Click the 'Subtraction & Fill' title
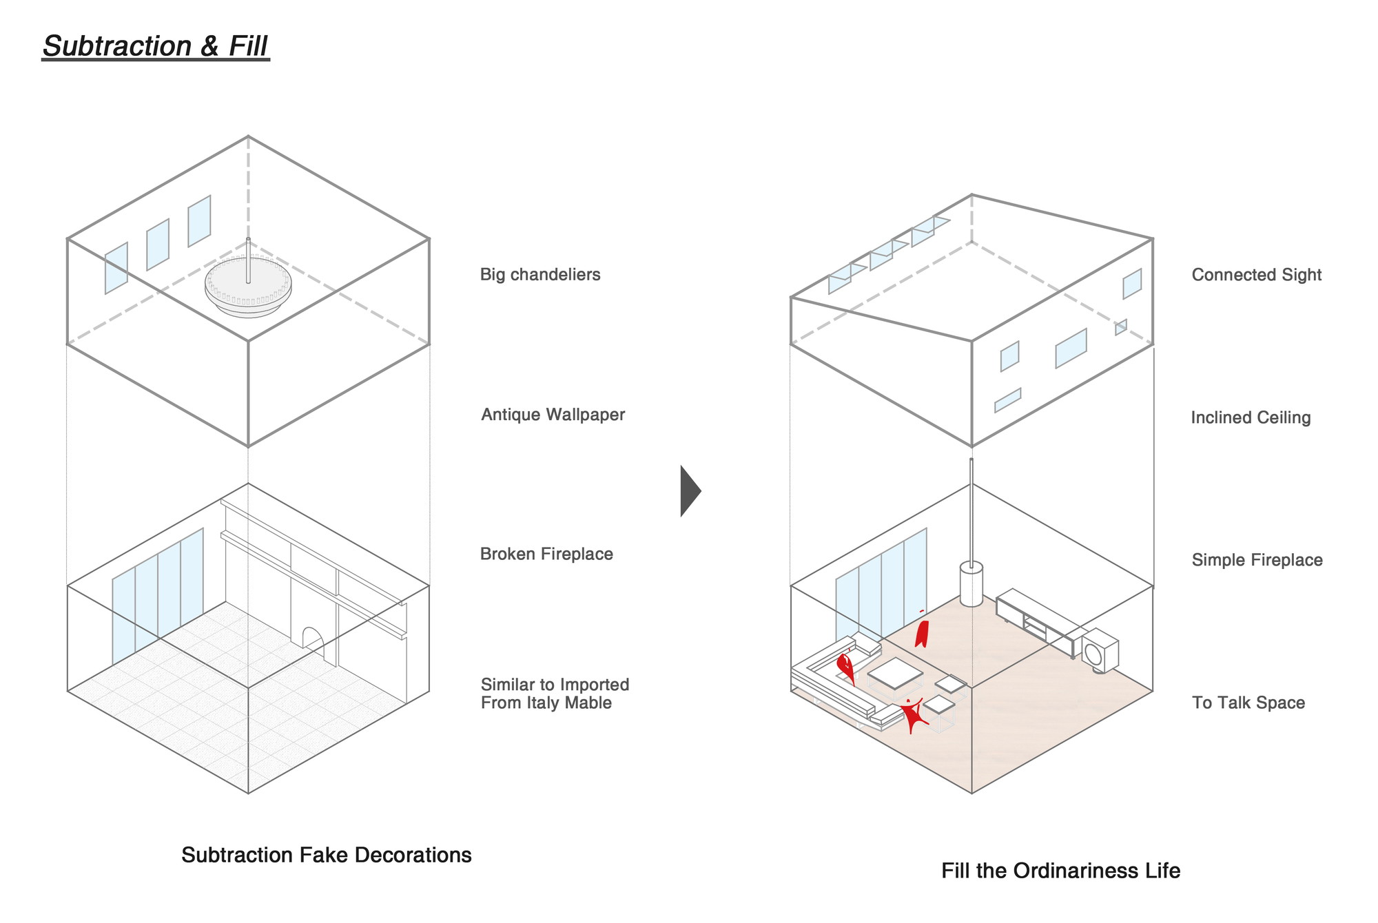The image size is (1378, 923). (x=155, y=46)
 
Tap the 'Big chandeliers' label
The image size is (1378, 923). (x=540, y=275)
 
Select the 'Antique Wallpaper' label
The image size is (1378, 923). (x=553, y=415)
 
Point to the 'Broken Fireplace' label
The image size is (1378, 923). (x=546, y=554)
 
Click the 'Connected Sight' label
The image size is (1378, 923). (x=1256, y=275)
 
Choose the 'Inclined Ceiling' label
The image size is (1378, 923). (x=1251, y=418)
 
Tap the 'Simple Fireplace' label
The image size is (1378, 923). (x=1257, y=560)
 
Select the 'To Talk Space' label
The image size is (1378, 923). (x=1248, y=703)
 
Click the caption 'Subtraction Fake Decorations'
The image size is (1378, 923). (x=326, y=855)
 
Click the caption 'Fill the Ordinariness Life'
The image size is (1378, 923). (x=1060, y=871)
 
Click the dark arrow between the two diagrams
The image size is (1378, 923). (x=689, y=491)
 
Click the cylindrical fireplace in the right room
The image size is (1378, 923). (x=971, y=584)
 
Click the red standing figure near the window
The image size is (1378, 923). (x=921, y=632)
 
